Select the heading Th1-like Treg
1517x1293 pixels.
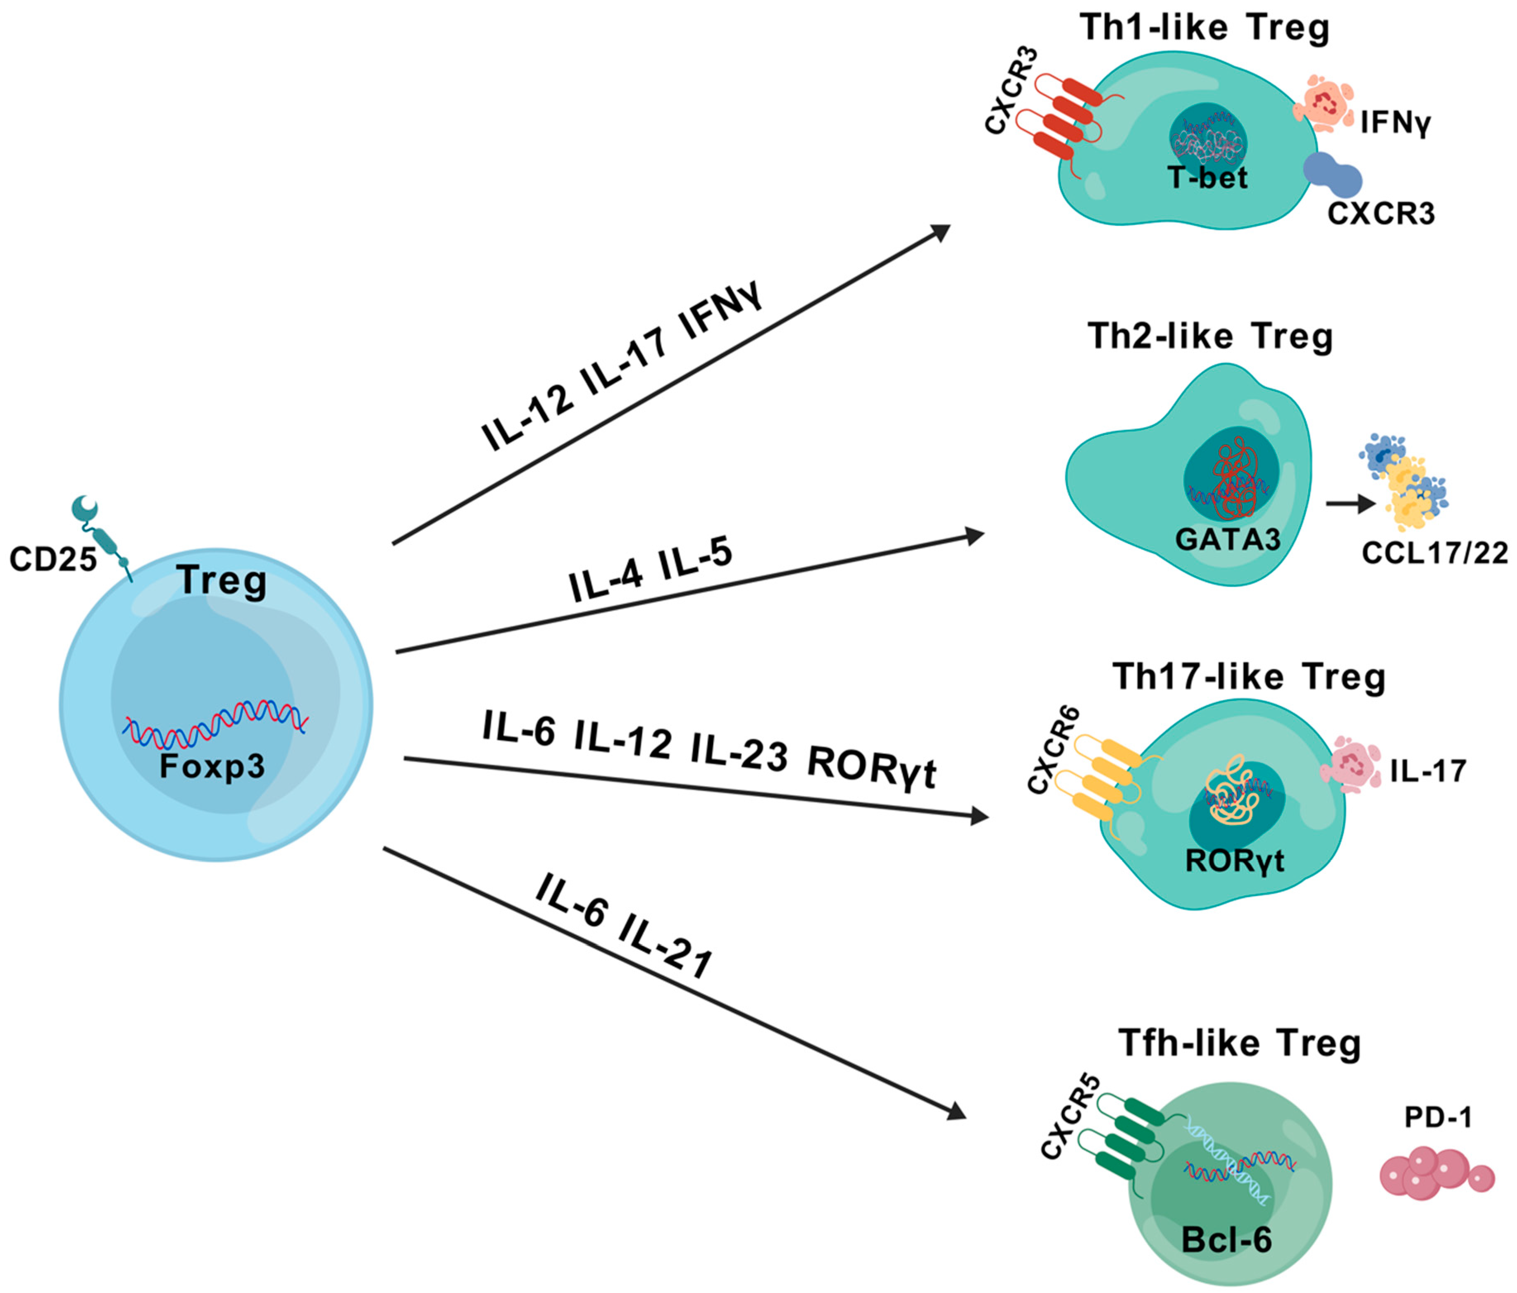pos(1205,28)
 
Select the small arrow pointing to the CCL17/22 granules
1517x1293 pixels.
pos(1351,504)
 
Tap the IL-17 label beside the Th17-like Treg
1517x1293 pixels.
pos(1428,771)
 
